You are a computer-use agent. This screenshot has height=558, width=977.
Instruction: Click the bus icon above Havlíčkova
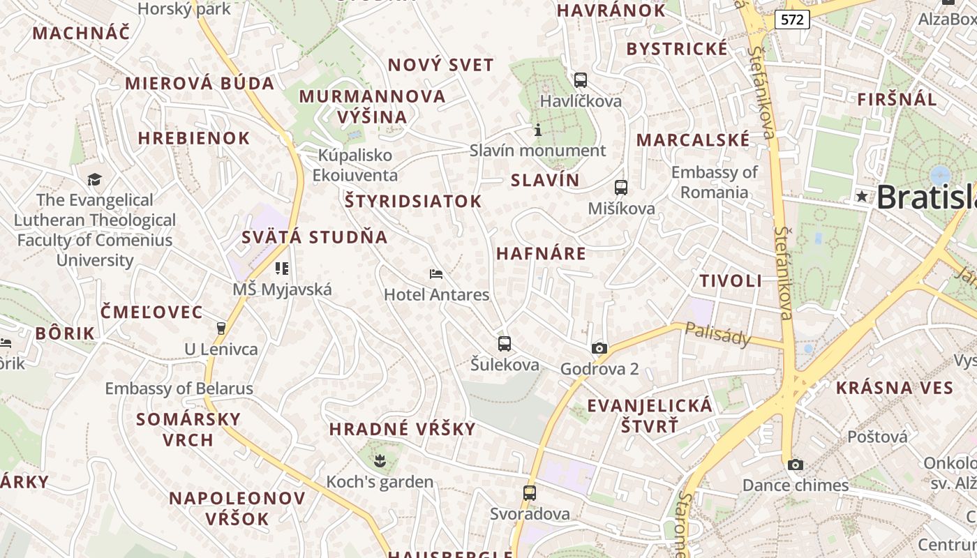580,80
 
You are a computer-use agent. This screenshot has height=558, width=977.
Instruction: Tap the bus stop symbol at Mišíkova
620,187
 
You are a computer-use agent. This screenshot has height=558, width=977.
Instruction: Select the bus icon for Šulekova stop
504,343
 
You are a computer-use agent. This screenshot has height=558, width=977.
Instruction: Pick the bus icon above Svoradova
530,492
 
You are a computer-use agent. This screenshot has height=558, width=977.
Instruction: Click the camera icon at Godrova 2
599,348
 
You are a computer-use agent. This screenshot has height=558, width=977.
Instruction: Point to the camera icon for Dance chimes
795,465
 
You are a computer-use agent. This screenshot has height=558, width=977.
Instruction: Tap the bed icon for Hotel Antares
436,273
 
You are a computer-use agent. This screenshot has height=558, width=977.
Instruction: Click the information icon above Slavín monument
537,130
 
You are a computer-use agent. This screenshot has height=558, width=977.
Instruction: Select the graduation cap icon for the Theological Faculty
94,179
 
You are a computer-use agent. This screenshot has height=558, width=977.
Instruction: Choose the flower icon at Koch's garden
380,460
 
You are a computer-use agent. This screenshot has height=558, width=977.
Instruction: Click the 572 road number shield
792,20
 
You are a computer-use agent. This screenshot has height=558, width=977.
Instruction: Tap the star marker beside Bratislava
863,197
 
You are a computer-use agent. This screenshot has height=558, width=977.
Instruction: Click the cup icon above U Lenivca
221,328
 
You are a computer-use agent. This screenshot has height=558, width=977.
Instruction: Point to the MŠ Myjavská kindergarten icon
282,268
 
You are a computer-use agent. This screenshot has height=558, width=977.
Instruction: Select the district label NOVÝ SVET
440,66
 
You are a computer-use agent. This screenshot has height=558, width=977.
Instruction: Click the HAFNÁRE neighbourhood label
541,253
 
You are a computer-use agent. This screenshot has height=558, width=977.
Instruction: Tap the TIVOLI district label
731,281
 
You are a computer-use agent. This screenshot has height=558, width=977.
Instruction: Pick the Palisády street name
717,333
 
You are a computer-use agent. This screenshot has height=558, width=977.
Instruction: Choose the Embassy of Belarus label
179,389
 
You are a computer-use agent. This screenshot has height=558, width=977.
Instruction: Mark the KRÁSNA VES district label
894,388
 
